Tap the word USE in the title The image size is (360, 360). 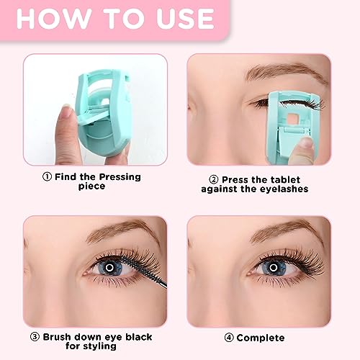click(x=185, y=19)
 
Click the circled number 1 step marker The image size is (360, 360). click(x=47, y=177)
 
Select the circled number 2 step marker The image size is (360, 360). click(x=214, y=179)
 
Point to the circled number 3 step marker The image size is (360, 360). click(x=35, y=337)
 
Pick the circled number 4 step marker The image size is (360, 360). click(x=229, y=338)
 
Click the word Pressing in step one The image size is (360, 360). click(x=120, y=177)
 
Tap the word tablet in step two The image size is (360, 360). click(x=285, y=179)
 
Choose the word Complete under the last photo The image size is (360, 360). click(x=261, y=338)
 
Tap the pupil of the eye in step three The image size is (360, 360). click(x=109, y=267)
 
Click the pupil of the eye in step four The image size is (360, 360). click(x=274, y=267)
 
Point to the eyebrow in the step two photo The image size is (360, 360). click(x=286, y=71)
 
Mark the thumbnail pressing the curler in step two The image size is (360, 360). click(x=306, y=143)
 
